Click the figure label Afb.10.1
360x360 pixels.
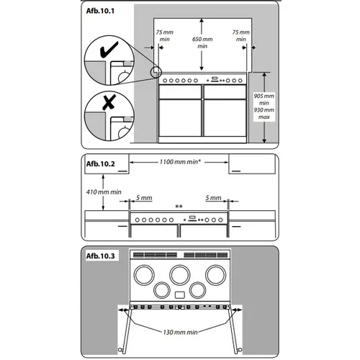click(100, 11)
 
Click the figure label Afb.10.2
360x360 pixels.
click(101, 164)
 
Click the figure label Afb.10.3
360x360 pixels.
click(101, 256)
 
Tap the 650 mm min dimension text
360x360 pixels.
click(202, 42)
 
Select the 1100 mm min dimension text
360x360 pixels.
click(180, 162)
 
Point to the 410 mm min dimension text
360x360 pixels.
click(104, 192)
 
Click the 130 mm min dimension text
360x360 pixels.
click(180, 333)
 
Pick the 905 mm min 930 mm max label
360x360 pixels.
click(264, 107)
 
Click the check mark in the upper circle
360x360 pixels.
click(109, 50)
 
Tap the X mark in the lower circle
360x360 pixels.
click(109, 102)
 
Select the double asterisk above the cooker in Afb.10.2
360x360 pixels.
click(179, 207)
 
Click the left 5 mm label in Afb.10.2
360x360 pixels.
click(144, 198)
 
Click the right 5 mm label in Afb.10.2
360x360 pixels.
click(213, 198)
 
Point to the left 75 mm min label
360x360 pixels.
click(165, 35)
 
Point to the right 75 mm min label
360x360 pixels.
click(241, 35)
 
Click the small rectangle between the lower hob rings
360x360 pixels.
click(180, 295)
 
